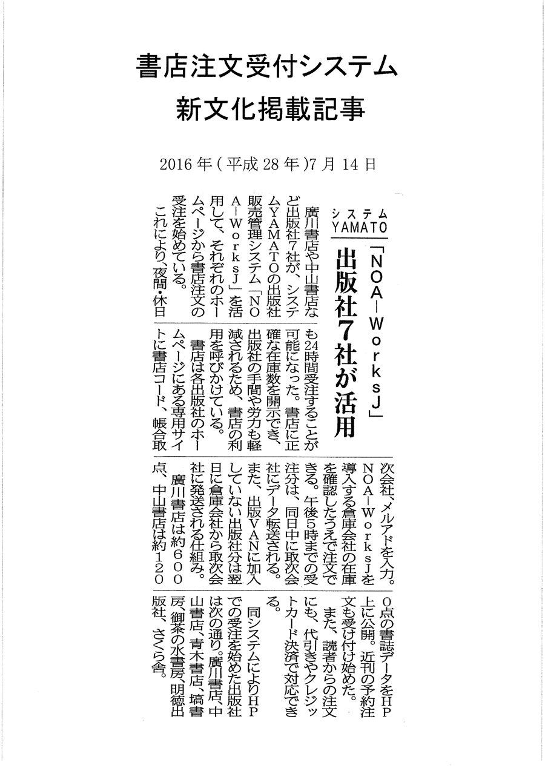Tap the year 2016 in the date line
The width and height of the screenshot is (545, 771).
point(176,164)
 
